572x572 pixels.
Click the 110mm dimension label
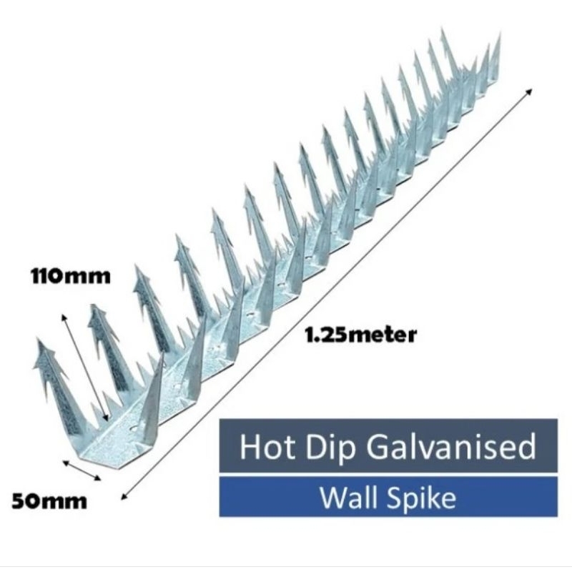point(70,276)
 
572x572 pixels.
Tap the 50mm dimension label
point(49,501)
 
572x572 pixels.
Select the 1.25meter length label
point(360,335)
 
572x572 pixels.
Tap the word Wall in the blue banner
point(348,498)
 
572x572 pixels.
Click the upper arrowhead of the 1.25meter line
point(528,92)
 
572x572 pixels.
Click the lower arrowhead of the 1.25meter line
point(124,495)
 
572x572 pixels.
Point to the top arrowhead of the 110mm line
point(64,317)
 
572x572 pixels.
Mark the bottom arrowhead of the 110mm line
point(106,418)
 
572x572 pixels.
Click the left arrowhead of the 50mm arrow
point(66,463)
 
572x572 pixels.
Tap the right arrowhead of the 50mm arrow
point(97,478)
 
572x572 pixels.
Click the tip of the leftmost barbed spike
point(39,339)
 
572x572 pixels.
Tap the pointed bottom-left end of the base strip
point(81,457)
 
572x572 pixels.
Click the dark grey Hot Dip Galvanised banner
point(388,445)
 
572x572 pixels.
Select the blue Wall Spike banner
point(388,496)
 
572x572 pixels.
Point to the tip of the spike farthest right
point(500,34)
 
